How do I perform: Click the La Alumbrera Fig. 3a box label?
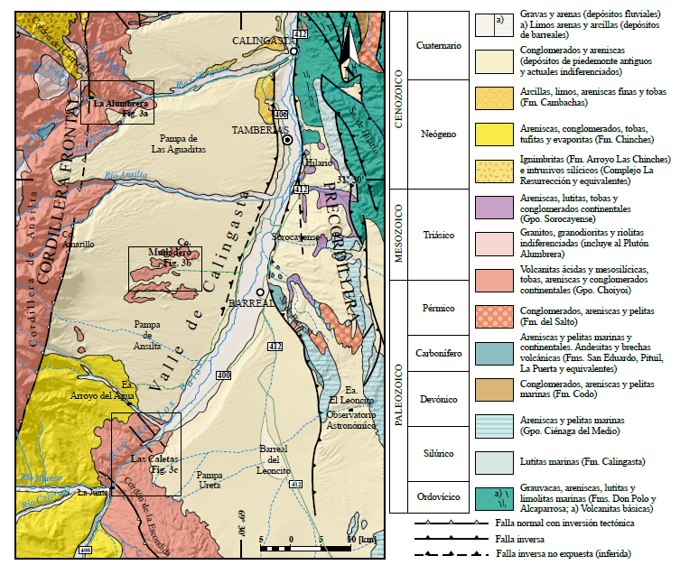(116, 108)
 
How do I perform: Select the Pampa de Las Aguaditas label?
(178, 144)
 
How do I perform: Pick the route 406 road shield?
(280, 115)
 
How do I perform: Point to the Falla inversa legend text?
(520, 538)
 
